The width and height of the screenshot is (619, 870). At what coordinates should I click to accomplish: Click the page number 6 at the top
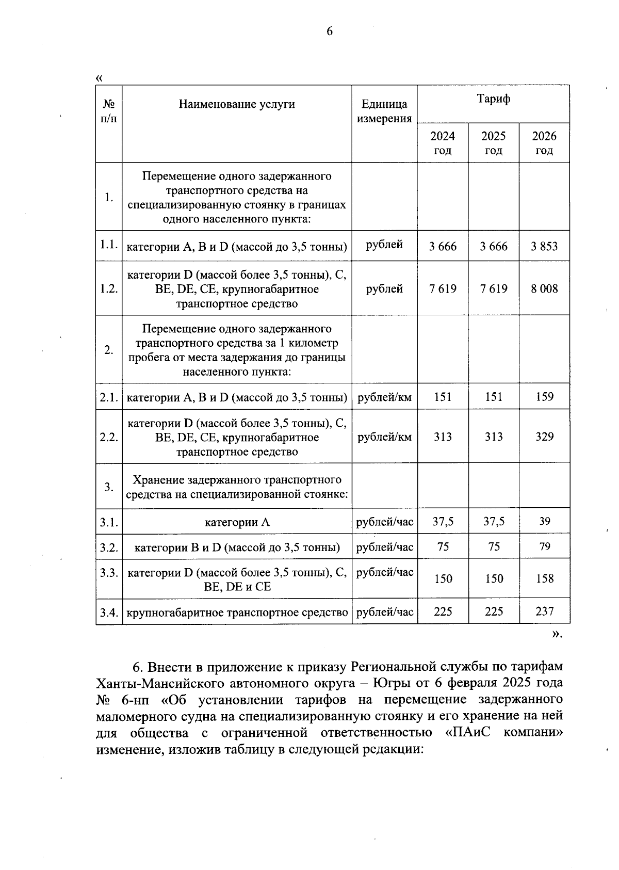[330, 31]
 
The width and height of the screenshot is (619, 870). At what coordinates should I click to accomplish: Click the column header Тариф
[494, 99]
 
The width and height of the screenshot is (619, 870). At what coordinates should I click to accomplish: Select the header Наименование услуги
[237, 104]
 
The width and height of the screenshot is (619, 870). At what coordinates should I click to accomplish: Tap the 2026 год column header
[544, 143]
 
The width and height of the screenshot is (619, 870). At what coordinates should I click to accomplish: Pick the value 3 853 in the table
[544, 247]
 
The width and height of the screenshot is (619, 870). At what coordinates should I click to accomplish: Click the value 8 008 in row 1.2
[544, 289]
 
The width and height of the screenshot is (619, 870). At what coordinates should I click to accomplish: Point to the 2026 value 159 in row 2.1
[544, 397]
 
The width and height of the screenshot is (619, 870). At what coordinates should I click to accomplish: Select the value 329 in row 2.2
[544, 437]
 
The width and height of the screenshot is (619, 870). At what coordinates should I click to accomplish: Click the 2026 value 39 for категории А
[545, 522]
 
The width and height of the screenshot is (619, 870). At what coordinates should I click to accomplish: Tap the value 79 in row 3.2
[545, 547]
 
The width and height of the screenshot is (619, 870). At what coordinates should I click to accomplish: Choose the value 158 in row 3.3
[544, 579]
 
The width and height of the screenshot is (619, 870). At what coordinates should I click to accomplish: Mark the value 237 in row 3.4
[544, 612]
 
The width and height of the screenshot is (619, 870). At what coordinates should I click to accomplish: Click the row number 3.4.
[109, 613]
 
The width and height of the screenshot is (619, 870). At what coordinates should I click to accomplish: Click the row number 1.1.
[109, 245]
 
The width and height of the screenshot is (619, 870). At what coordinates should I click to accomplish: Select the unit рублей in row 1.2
[384, 289]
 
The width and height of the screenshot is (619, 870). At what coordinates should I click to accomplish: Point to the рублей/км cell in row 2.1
[384, 397]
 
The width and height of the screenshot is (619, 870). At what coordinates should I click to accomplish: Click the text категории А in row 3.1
[237, 522]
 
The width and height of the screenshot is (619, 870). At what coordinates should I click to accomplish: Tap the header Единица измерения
[384, 111]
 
